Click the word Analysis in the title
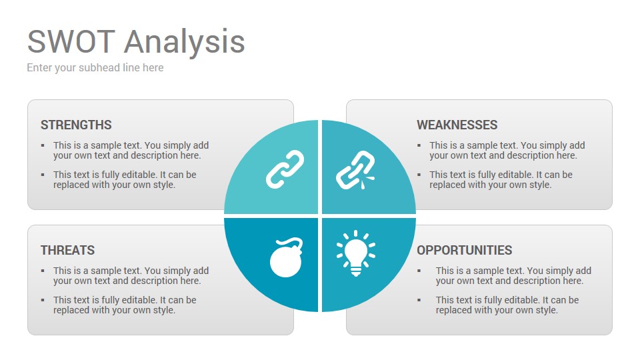point(185,43)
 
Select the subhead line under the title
point(95,68)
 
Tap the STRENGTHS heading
point(76,125)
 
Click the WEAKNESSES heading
point(457,125)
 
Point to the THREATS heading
point(68,250)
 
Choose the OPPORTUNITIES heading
point(465,250)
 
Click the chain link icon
point(285,169)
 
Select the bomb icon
point(286,257)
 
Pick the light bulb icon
point(356,253)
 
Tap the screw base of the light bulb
point(356,271)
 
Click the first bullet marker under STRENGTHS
point(43,145)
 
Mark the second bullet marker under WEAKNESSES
point(419,175)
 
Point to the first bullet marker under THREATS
point(43,271)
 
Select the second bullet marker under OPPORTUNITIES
point(419,300)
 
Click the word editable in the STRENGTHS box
point(141,175)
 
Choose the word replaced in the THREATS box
point(70,310)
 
